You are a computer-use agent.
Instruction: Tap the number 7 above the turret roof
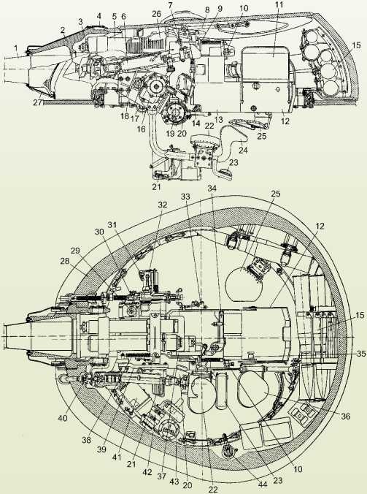point(169,5)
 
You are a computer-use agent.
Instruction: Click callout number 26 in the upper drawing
point(155,15)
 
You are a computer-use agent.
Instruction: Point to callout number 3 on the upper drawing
point(80,21)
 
